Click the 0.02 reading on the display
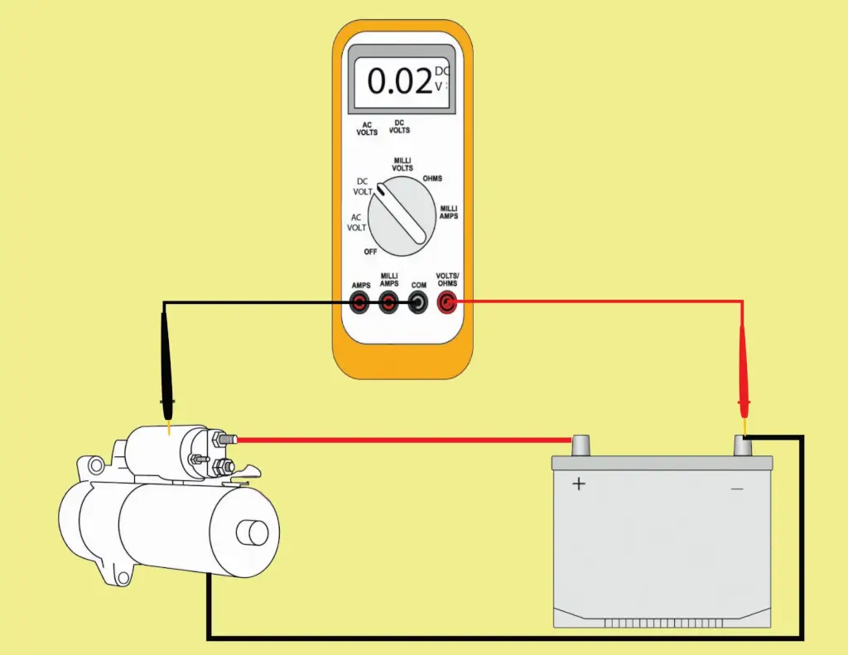399,81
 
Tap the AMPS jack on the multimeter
359,304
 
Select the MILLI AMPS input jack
389,304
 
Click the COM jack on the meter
419,304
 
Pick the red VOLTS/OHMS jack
448,304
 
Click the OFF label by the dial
370,251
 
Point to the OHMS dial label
432,178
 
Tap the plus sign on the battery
579,484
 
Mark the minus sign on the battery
737,489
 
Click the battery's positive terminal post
581,445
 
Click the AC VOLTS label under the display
367,128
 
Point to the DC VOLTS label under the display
399,126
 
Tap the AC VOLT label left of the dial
357,222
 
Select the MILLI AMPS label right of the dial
449,212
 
